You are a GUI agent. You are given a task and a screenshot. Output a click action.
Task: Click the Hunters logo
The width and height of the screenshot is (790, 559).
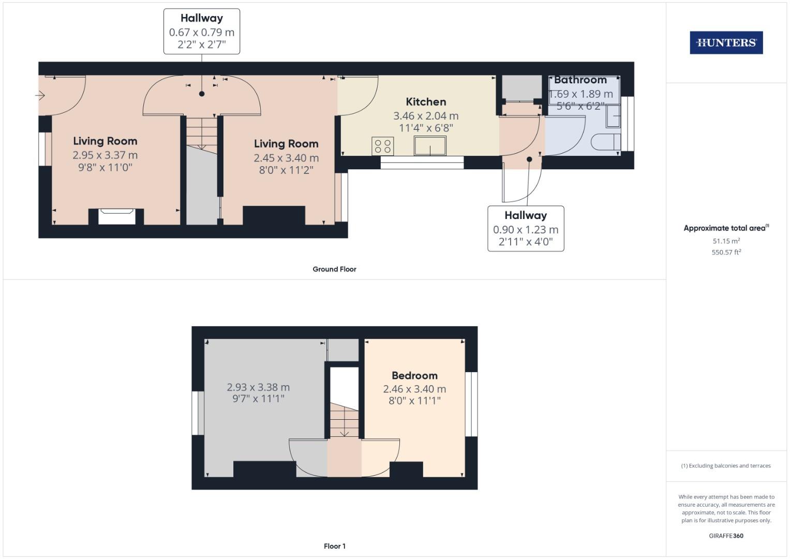point(726,43)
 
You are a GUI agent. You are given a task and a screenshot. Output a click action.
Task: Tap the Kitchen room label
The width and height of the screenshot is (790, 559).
point(425,102)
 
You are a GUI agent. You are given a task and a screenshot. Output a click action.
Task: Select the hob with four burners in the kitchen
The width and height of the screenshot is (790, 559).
point(382,146)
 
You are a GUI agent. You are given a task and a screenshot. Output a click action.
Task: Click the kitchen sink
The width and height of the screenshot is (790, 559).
point(430,145)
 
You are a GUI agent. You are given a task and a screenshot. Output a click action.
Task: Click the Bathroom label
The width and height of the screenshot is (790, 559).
point(580,80)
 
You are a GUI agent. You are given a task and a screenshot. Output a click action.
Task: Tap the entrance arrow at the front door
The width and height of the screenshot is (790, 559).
point(40,95)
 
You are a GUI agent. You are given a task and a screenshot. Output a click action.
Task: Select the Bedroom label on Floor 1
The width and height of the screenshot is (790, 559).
point(414,376)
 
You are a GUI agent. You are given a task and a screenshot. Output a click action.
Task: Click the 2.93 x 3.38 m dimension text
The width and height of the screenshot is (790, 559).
point(258,387)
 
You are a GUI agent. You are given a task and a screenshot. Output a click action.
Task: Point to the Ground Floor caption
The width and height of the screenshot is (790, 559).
point(334,269)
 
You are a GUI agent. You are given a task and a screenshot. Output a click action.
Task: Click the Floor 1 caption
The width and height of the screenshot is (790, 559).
point(334,546)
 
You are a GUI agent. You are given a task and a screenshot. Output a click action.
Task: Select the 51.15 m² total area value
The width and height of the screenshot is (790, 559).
point(726,241)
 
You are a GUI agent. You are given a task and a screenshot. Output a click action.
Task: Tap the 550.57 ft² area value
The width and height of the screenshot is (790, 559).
point(726,253)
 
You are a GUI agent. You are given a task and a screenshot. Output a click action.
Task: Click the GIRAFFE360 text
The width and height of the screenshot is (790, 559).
point(726,536)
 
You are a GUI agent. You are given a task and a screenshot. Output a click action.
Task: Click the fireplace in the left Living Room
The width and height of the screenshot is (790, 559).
point(117,216)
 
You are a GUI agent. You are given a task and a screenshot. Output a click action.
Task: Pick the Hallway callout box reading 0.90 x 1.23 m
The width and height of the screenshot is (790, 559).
point(526,229)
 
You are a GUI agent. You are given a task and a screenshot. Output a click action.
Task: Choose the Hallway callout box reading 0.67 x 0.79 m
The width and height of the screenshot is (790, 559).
point(202,32)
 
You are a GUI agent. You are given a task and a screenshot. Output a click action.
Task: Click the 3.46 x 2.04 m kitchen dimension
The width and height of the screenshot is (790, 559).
point(425,116)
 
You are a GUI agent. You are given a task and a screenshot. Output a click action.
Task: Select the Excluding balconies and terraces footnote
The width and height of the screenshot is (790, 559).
point(726,466)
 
